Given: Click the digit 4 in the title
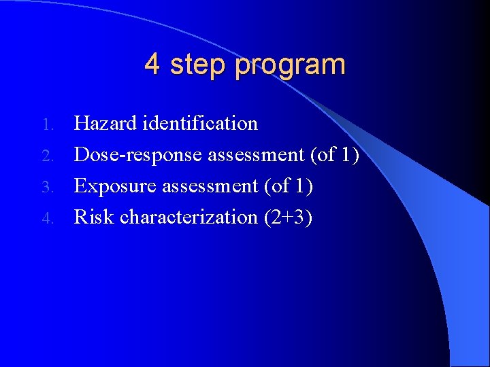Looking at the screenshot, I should (x=152, y=65).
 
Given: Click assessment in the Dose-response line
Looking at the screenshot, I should (x=256, y=155).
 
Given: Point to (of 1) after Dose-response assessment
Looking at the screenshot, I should (x=334, y=155).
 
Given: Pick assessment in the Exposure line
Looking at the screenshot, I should (x=210, y=186).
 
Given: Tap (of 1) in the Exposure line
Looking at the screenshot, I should (x=288, y=186).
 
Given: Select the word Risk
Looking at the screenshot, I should (x=94, y=217).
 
